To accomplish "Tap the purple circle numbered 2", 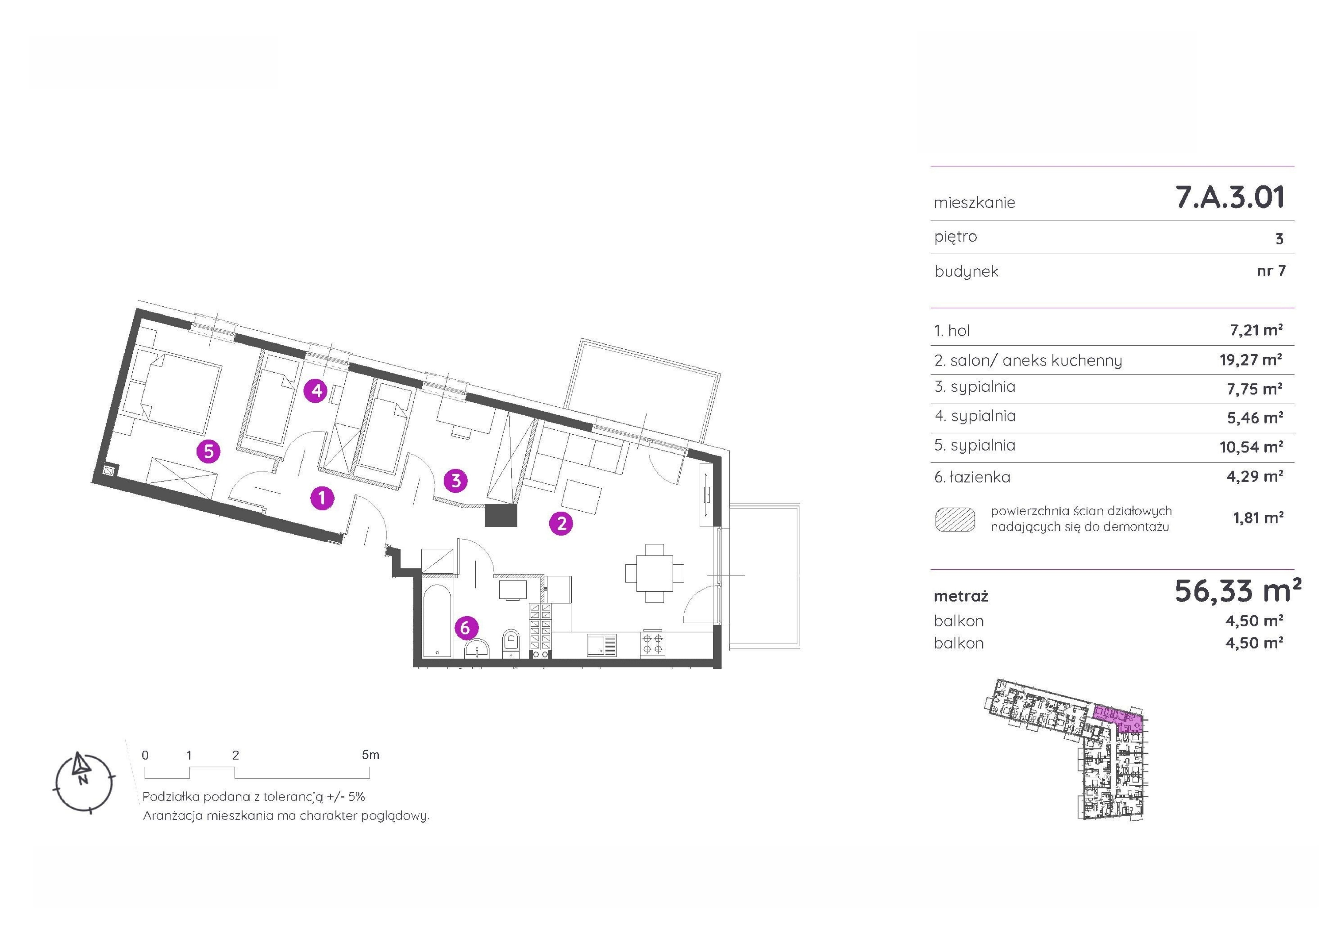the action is pos(561,523).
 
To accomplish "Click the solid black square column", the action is pos(501,515).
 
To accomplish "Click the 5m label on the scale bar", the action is pos(370,755).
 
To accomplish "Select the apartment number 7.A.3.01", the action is pos(1230,197).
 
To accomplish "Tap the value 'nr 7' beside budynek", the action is pos(1271,271).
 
